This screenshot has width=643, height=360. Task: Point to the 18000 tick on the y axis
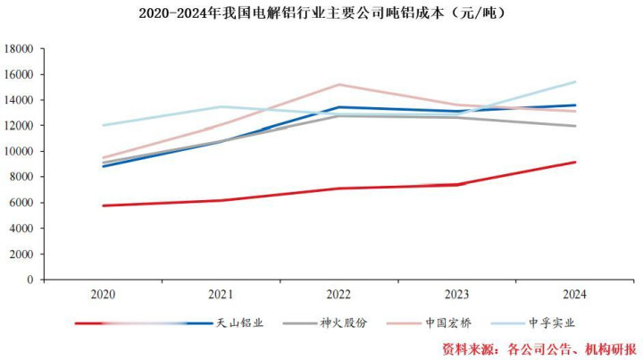coord(19,49)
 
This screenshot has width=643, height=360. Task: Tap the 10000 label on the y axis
coord(19,152)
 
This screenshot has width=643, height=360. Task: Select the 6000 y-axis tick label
coord(21,203)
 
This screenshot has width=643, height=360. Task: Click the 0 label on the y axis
coord(29,280)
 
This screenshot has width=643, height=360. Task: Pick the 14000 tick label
coord(19,100)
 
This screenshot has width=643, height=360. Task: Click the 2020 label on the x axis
coord(103,294)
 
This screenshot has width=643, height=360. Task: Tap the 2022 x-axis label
coord(338,294)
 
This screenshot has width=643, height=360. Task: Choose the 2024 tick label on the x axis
coord(575,294)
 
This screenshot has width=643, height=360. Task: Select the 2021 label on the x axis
coord(221,294)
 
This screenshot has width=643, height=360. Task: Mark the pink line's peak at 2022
coord(338,85)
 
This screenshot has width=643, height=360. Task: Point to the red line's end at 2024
coord(575,162)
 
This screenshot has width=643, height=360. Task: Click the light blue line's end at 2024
coord(575,82)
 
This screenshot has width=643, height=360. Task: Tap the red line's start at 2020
coord(103,205)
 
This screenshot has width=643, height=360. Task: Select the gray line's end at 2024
coord(575,126)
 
